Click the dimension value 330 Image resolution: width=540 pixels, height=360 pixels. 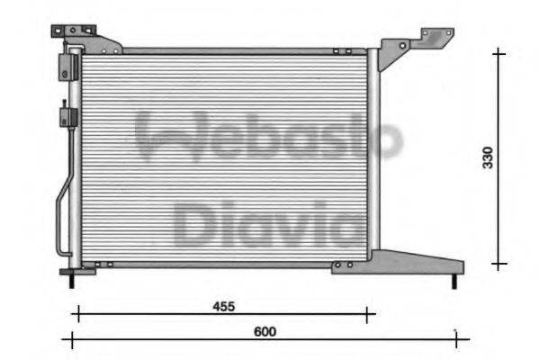[487, 157]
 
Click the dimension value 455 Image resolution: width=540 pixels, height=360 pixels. [223, 306]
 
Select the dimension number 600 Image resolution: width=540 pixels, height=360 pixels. [264, 331]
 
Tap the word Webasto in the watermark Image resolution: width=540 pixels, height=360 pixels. [268, 137]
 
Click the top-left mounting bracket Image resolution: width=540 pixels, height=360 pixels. [85, 38]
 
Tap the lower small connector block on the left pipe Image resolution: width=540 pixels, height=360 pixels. [66, 116]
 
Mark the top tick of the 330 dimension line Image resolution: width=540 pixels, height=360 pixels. [499, 53]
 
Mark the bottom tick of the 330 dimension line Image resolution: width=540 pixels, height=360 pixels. [499, 264]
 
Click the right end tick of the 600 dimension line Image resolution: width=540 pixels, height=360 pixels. [456, 339]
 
